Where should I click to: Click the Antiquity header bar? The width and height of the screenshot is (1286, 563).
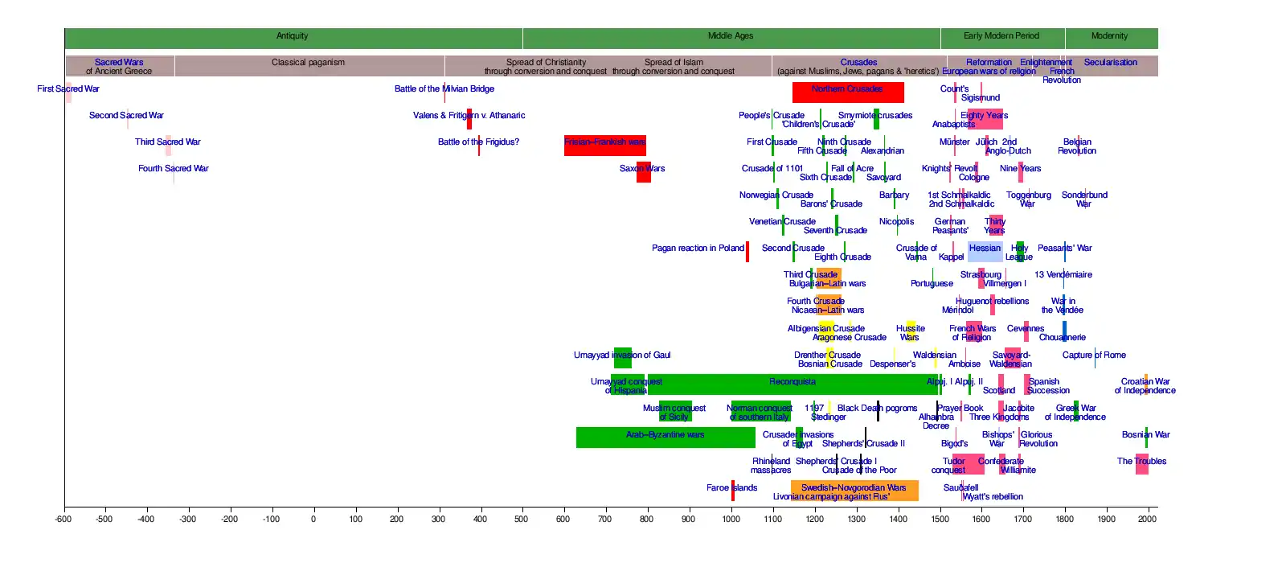click(293, 37)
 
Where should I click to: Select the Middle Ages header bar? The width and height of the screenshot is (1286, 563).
click(731, 37)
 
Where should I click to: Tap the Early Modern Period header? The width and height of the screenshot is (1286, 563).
click(1001, 37)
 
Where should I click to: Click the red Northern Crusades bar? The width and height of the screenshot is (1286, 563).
click(847, 92)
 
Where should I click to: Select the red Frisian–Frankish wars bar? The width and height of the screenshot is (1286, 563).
click(604, 145)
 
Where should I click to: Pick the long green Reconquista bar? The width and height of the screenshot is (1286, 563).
click(792, 384)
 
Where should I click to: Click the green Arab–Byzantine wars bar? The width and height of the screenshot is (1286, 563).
click(666, 437)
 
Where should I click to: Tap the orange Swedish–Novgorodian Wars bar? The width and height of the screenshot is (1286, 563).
click(854, 490)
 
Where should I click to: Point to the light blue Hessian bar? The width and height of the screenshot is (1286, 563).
click(985, 251)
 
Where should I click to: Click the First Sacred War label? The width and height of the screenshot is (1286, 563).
click(68, 89)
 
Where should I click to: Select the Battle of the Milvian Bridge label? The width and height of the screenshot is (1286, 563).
click(444, 89)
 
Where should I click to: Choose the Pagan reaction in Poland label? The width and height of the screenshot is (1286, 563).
click(698, 249)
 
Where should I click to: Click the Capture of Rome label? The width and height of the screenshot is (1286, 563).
click(1094, 355)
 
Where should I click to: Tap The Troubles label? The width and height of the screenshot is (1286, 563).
click(1141, 462)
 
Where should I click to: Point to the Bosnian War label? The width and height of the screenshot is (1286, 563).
click(1145, 435)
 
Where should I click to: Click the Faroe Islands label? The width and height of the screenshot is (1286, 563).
click(731, 488)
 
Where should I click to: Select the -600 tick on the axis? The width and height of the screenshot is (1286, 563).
click(63, 520)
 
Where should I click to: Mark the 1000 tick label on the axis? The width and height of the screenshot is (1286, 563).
click(731, 520)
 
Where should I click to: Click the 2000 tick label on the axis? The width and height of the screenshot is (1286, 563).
click(1147, 520)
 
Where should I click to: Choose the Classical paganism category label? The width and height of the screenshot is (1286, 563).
click(308, 63)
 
